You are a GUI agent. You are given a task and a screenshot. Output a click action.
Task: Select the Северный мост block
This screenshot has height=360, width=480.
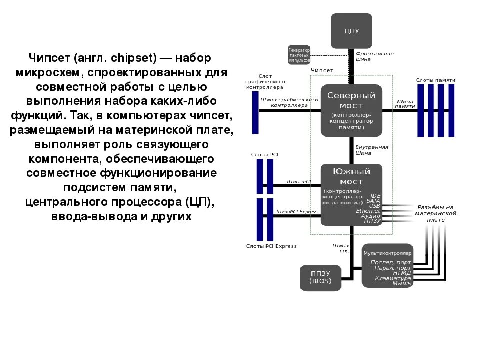tap(351, 110)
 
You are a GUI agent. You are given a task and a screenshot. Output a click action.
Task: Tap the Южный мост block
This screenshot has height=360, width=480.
tap(351, 194)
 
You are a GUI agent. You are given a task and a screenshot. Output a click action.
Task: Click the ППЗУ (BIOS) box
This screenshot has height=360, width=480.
tap(320, 278)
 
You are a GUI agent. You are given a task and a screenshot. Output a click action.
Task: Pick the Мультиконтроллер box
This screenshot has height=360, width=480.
tap(388, 266)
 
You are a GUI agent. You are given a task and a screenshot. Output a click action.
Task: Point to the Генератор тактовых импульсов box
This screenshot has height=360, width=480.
tap(299, 55)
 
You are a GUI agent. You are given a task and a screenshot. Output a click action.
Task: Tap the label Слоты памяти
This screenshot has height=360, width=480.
tap(435, 80)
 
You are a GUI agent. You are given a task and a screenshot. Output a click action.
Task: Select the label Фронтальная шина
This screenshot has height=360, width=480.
tap(374, 56)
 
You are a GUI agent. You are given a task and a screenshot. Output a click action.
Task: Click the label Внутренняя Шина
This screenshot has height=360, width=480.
tap(371, 150)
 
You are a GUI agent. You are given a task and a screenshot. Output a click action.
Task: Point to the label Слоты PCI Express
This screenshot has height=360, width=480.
tap(271, 246)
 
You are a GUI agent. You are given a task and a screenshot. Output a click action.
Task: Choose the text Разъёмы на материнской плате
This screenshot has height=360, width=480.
tap(435, 213)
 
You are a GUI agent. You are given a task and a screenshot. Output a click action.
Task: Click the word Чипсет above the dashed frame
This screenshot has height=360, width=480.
tap(322, 71)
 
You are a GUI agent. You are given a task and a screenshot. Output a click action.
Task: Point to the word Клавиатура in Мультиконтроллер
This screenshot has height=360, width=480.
tap(393, 278)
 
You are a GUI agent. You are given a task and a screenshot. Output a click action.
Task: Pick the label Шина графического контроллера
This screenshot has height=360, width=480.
tap(289, 102)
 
